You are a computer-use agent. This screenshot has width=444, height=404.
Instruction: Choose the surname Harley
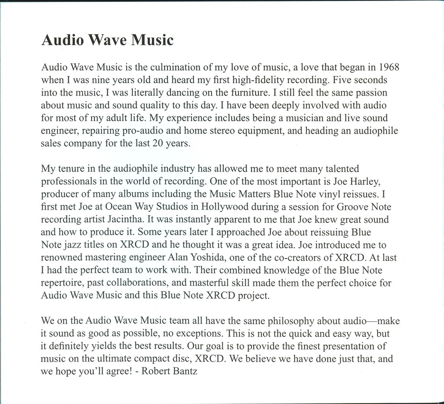tap(372, 181)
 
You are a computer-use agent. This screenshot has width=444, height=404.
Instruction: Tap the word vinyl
tap(315, 194)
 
